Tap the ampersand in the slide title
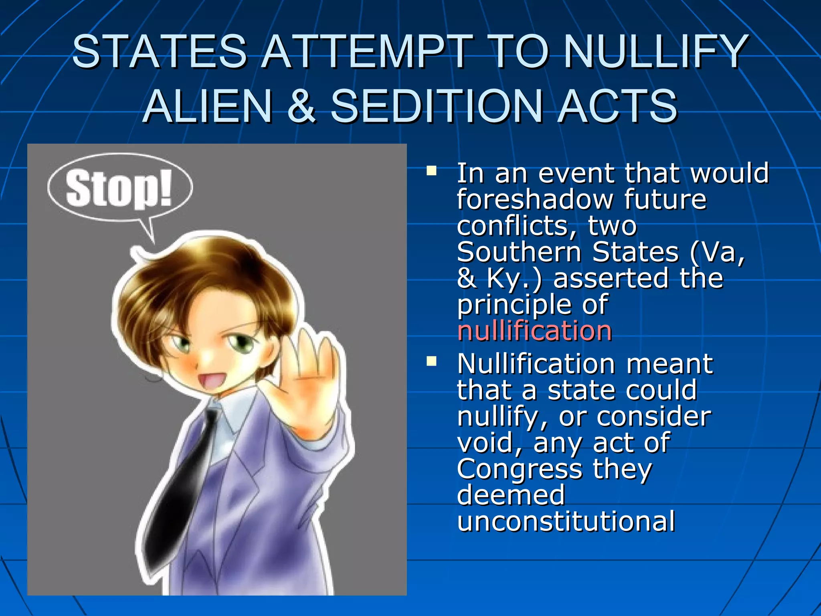point(301,106)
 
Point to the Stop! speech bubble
point(119,188)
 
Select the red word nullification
point(534,331)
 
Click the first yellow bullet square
point(431,171)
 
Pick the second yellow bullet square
point(431,362)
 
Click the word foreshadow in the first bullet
point(535,199)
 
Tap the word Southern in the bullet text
point(519,252)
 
